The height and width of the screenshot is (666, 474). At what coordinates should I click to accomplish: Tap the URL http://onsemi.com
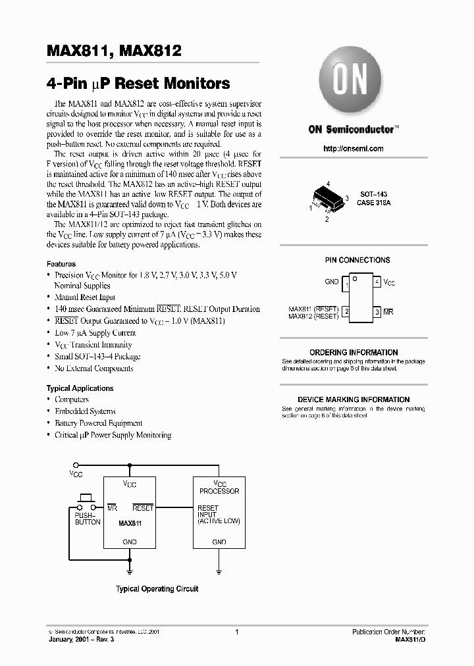(353, 149)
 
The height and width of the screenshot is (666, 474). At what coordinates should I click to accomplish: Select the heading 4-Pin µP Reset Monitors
(138, 84)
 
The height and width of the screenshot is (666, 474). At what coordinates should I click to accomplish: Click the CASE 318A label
(374, 203)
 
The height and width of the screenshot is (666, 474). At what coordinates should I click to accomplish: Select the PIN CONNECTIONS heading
(357, 260)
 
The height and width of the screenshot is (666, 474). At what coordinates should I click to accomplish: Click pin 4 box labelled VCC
(377, 282)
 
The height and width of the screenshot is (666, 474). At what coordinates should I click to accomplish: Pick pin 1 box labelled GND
(345, 282)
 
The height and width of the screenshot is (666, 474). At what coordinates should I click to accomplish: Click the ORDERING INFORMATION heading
(354, 353)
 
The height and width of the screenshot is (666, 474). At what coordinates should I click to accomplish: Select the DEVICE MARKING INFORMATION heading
(354, 399)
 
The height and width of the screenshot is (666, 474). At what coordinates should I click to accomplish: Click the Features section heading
(61, 263)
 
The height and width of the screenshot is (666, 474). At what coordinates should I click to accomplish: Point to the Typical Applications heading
(80, 388)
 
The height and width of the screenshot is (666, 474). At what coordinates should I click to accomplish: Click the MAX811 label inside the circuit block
(130, 524)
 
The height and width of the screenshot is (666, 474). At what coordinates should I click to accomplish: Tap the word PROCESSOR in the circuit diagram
(219, 491)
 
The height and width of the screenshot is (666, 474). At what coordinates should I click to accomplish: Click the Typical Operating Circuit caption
(157, 589)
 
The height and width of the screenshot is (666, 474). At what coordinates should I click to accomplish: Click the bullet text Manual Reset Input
(85, 297)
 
